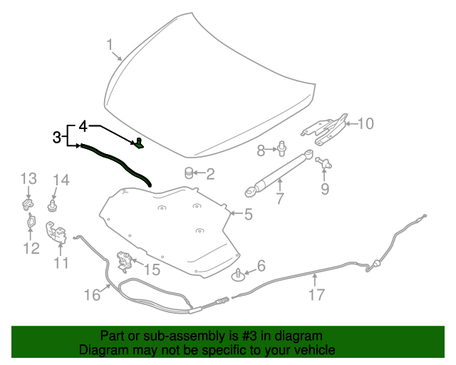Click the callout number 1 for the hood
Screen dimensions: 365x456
pos(111,46)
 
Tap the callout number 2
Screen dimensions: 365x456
pos(211,173)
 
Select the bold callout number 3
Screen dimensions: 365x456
pos(57,137)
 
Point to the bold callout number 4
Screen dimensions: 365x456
pos(83,126)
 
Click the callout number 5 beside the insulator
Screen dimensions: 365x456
pos(248,214)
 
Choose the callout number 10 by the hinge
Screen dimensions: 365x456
pos(366,123)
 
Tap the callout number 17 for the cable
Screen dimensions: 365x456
pos(316,294)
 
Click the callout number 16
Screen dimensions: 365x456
pos(93,294)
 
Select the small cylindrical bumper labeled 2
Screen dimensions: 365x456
pos(190,173)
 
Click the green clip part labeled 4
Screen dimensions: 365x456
pos(139,144)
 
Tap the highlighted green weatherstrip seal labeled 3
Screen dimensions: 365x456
pos(114,162)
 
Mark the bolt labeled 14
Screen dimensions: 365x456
pos(53,206)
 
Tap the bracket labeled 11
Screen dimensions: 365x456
pos(56,232)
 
